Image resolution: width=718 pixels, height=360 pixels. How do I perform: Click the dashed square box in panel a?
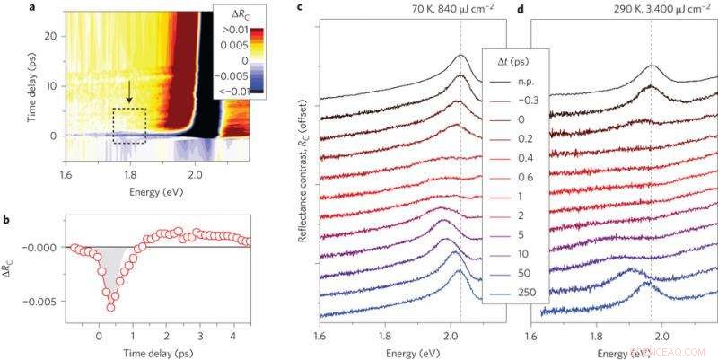point(129,126)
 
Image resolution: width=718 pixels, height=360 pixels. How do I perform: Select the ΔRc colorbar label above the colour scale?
point(236,13)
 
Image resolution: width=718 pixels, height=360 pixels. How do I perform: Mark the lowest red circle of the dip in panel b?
point(111,307)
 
